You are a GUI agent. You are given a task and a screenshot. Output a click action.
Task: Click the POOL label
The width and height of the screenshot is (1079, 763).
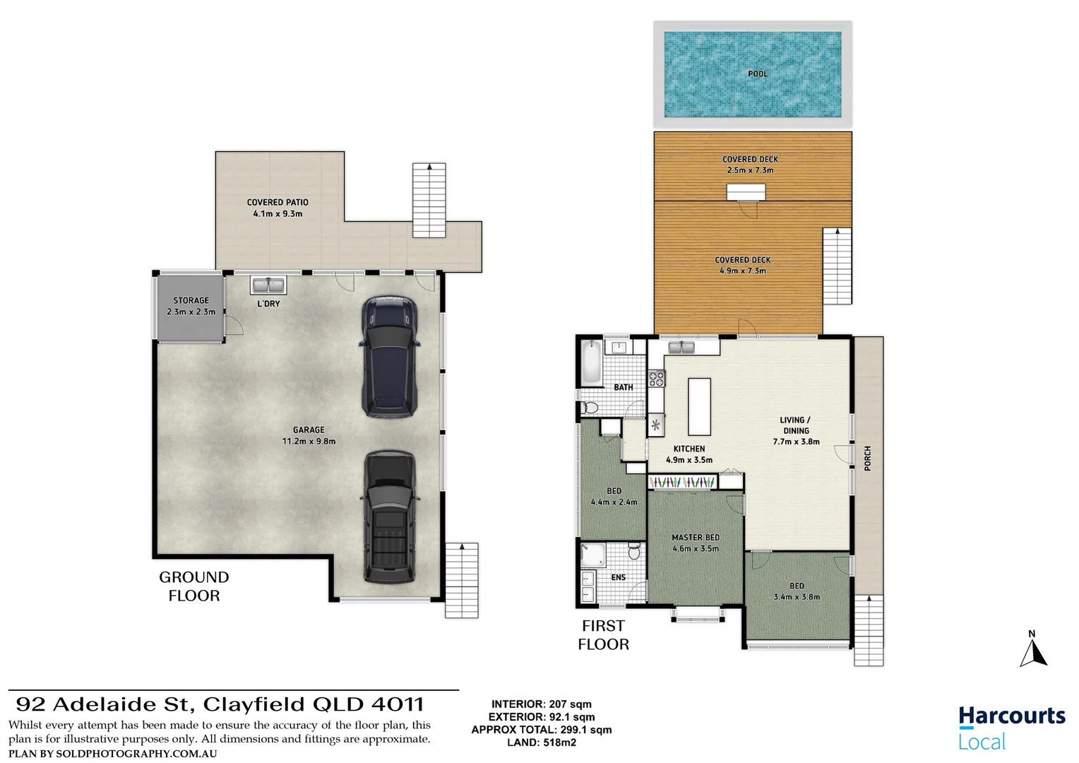coord(757,73)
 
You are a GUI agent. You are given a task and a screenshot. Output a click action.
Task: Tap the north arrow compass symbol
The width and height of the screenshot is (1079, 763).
coord(1032,650)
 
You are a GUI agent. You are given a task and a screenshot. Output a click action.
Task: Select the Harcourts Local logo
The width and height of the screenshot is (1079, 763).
coord(1011,728)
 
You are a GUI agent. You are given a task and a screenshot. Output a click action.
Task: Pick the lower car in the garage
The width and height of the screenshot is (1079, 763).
coord(389,517)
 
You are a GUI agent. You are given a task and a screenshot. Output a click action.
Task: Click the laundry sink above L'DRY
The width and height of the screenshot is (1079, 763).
coord(268,285)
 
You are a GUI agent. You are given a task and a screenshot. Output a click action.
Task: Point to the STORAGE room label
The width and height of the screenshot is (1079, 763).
coord(191,300)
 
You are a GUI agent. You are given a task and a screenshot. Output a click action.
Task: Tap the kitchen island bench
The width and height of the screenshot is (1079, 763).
coord(699,406)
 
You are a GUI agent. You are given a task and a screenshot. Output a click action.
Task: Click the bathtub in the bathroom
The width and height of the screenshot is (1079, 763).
coord(590,362)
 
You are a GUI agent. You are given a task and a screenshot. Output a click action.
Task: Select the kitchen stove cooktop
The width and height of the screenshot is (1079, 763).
coord(656,379)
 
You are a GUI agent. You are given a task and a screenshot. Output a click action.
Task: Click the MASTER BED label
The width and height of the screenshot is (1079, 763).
coord(696,538)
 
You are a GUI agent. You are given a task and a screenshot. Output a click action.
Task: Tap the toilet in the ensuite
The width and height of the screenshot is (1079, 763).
coord(634,550)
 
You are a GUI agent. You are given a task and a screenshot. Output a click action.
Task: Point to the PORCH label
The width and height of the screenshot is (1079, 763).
coord(867,459)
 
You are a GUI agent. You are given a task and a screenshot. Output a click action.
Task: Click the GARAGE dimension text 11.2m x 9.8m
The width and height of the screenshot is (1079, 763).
coord(309,442)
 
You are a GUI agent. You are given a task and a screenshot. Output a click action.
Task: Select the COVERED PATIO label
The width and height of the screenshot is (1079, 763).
coord(278,202)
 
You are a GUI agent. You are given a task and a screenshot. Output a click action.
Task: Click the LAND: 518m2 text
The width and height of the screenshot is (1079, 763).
coord(542,743)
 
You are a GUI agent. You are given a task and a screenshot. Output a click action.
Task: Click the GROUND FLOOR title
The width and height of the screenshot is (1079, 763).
coord(194,586)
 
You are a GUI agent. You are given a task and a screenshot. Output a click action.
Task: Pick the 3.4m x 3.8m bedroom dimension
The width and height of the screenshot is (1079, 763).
coord(797,597)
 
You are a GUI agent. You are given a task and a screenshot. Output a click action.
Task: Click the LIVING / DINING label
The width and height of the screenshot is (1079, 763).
coord(796,425)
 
